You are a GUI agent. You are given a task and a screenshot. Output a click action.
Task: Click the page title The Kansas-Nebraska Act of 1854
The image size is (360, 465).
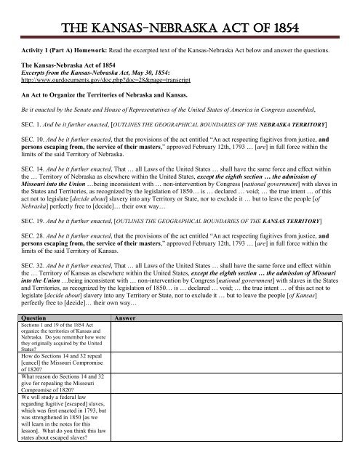[180, 14]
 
